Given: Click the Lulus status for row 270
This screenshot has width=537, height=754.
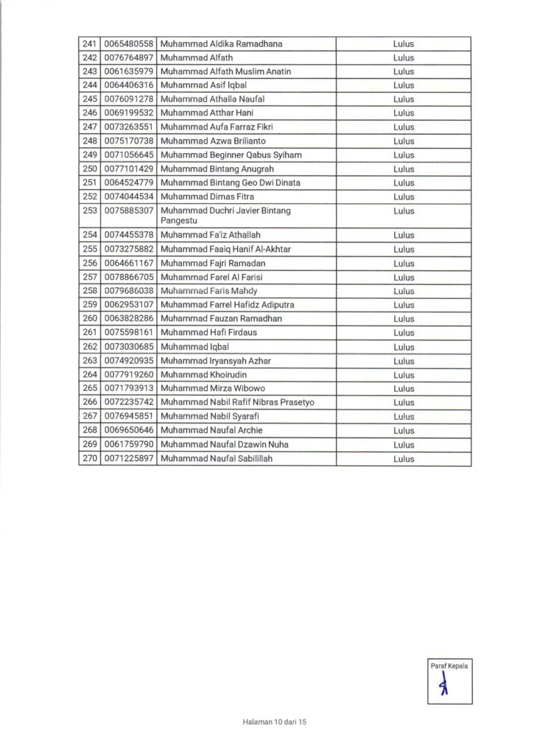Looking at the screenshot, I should coord(404,459).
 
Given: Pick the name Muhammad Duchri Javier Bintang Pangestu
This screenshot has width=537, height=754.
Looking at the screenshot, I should coord(225,215).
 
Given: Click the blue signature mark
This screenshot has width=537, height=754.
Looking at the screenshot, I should coord(443,687).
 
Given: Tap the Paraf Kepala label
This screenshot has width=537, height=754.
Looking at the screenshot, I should coord(449,666).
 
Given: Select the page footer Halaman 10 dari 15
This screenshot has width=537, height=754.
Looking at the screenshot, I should coord(273,722).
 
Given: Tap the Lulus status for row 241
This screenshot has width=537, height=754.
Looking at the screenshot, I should coord(404,44).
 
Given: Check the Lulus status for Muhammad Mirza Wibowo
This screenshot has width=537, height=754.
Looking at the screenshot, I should coord(404,389).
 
